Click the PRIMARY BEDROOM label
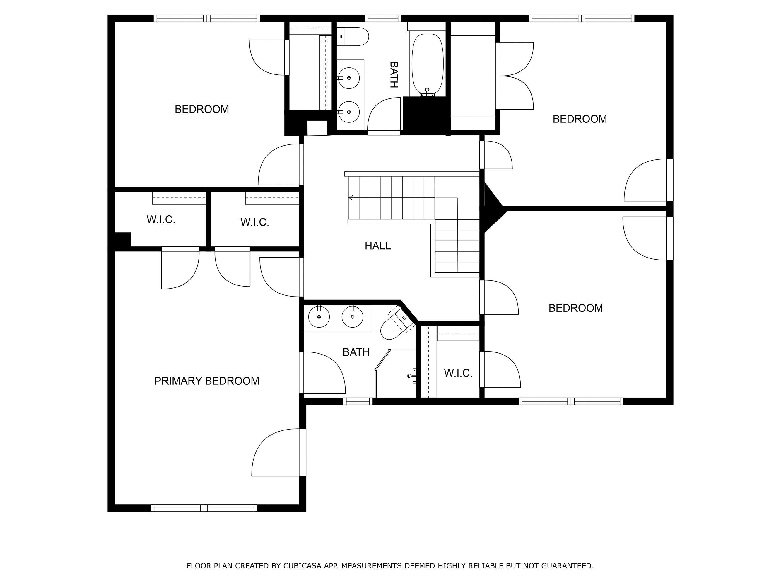[x=206, y=381]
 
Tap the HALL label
[x=377, y=246]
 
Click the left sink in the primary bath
[x=319, y=317]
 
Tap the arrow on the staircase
[x=351, y=198]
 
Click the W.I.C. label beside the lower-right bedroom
[x=458, y=373]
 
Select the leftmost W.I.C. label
[x=161, y=220]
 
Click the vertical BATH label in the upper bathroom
[x=394, y=74]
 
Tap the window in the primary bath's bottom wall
[x=358, y=401]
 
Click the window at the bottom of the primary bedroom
[x=204, y=508]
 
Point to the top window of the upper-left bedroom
[x=206, y=18]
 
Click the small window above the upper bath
[x=383, y=18]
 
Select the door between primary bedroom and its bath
[x=302, y=373]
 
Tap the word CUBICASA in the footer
[x=302, y=566]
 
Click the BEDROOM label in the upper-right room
[x=580, y=119]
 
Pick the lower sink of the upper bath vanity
[x=348, y=112]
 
